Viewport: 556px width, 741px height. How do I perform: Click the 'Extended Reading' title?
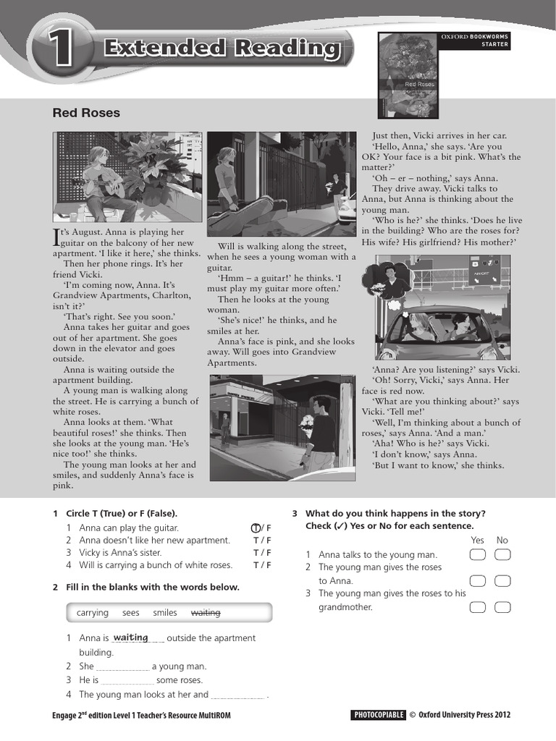point(222,49)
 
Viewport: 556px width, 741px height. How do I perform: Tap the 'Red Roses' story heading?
point(86,113)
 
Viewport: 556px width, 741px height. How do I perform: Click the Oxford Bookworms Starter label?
point(475,40)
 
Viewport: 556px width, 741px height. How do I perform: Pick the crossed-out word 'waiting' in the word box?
point(206,613)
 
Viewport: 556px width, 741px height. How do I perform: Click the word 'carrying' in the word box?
point(93,613)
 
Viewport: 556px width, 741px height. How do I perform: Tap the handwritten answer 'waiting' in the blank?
point(130,638)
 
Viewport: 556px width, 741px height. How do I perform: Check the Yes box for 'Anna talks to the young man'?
point(477,555)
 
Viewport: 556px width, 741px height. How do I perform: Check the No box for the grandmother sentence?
point(502,606)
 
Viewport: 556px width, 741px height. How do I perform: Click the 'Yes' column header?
point(477,540)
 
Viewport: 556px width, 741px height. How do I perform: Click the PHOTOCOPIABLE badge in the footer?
point(378,715)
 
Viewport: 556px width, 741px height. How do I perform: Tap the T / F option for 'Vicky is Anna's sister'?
point(261,553)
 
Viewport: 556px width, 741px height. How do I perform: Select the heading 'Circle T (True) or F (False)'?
point(122,513)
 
